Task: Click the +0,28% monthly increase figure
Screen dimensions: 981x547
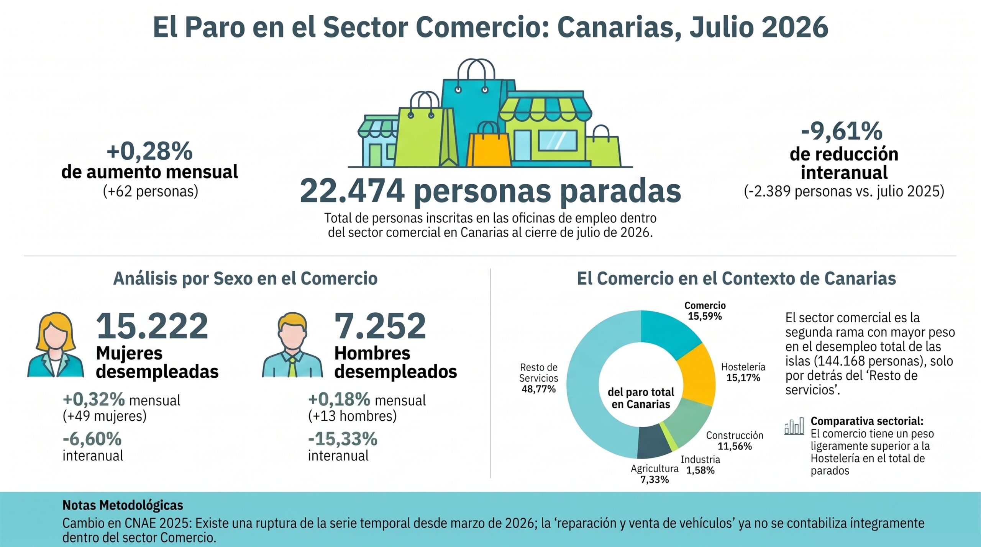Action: (x=149, y=151)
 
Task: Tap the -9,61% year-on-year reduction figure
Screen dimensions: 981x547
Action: (x=842, y=131)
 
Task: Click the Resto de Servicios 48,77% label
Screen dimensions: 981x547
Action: (x=538, y=378)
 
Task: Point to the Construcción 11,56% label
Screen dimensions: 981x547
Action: (x=735, y=441)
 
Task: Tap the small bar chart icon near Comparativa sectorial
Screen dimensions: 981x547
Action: (x=794, y=426)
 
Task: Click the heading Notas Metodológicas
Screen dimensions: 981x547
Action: (x=123, y=505)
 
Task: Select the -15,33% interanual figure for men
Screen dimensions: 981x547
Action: (x=343, y=439)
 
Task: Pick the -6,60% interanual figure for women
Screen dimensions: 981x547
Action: (x=92, y=439)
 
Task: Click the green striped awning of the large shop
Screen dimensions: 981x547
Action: (x=545, y=108)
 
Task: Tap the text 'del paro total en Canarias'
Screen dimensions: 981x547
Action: (x=641, y=398)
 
